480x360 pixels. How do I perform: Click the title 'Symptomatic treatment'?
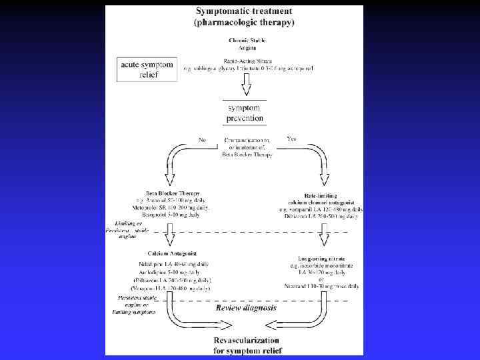246,12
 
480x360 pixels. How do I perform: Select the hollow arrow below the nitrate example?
246,83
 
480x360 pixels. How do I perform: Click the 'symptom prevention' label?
245,113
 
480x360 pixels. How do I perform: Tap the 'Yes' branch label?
291,139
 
